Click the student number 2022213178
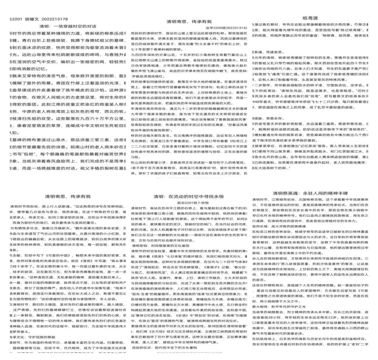(54, 19)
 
